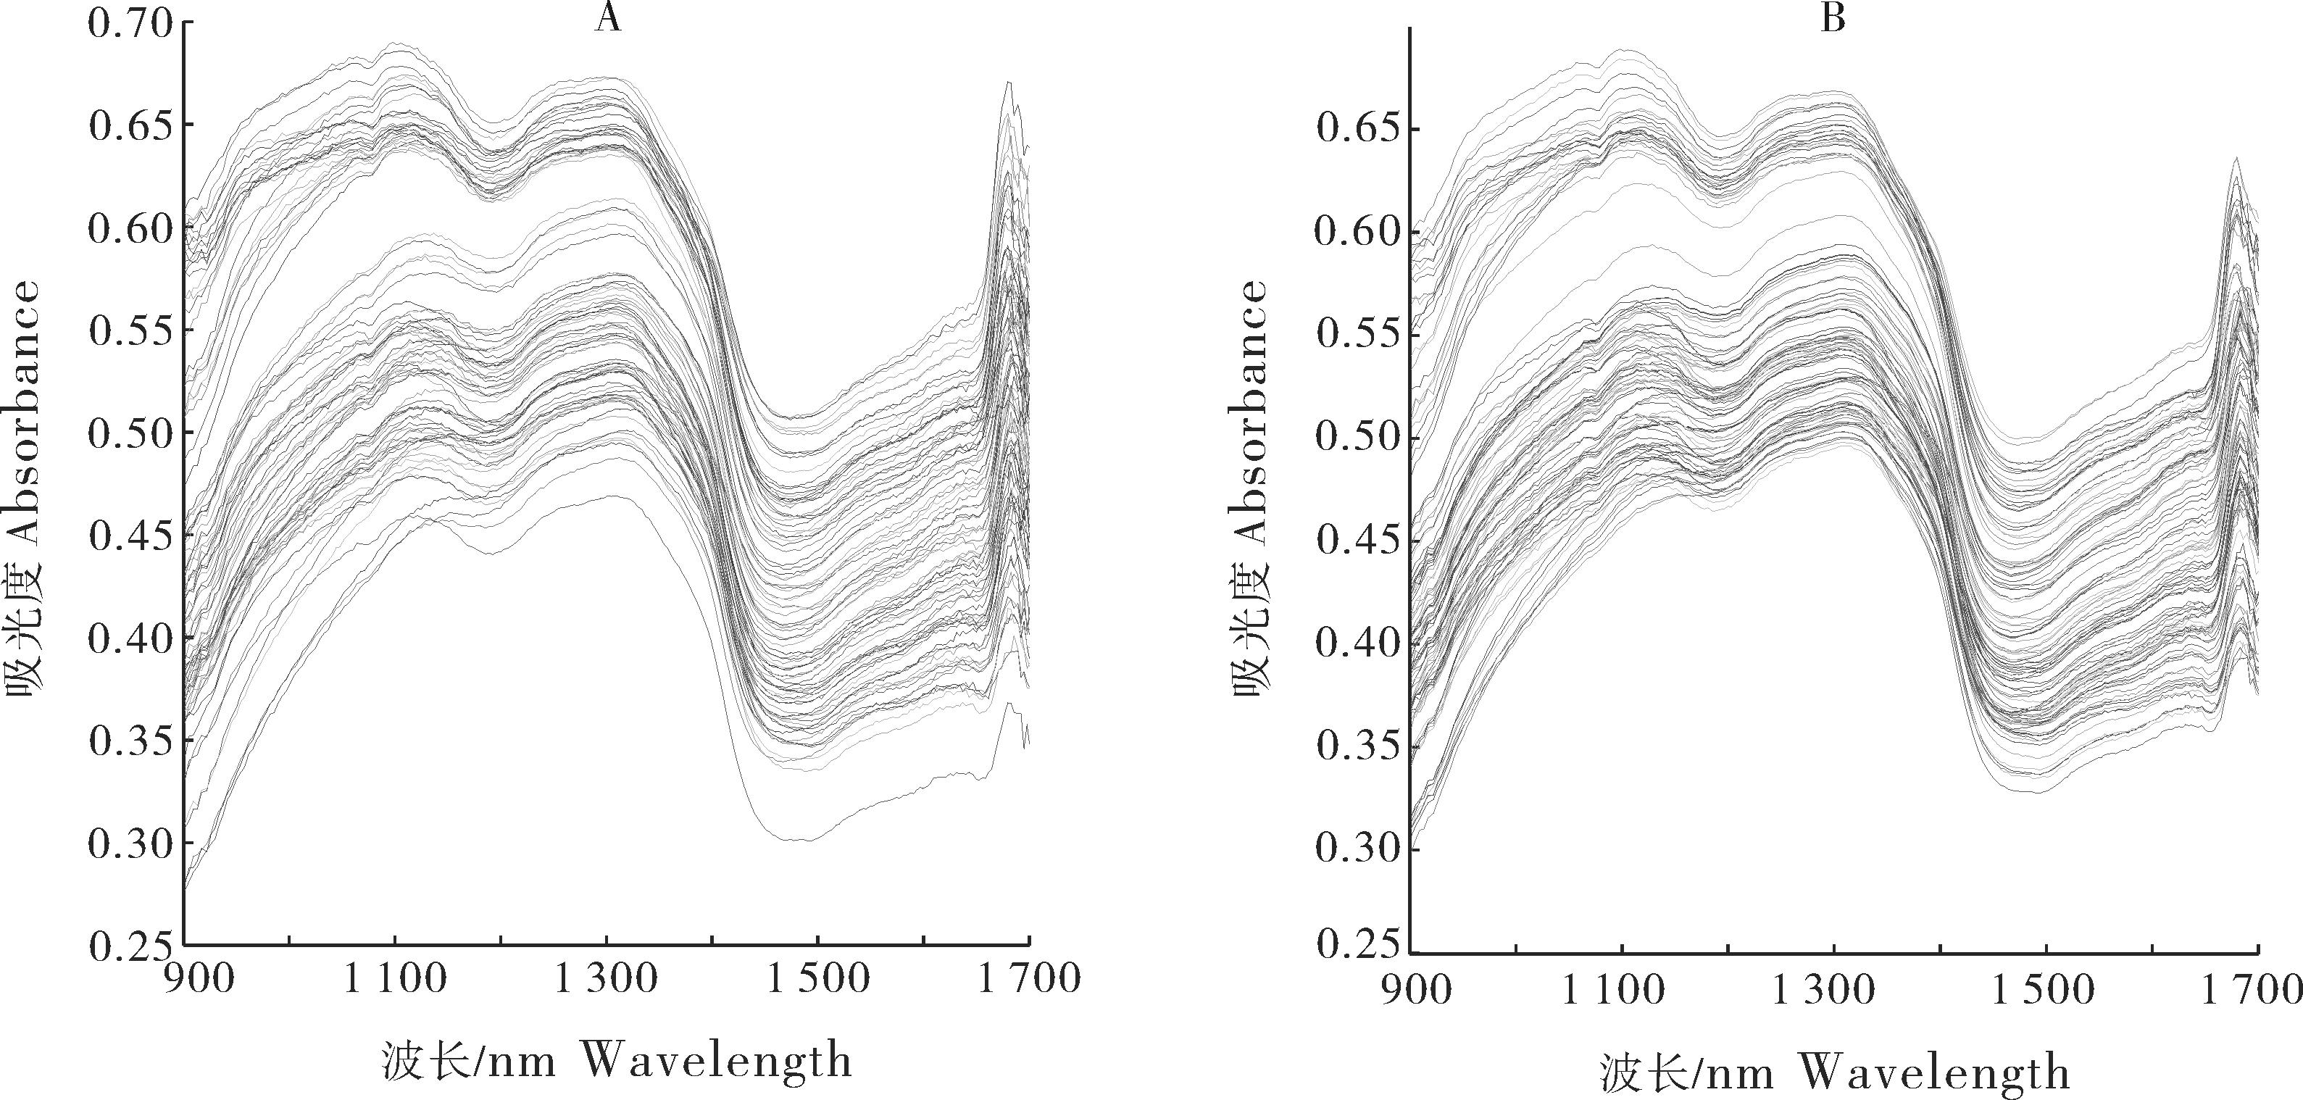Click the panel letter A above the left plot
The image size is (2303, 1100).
coord(607,18)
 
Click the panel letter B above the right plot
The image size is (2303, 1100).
coord(1833,18)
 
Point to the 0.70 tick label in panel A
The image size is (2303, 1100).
coord(129,23)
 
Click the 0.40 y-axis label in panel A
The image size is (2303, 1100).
coord(129,638)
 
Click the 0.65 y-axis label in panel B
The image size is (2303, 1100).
coord(1357,130)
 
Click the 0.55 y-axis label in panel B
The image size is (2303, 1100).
coord(1357,336)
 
